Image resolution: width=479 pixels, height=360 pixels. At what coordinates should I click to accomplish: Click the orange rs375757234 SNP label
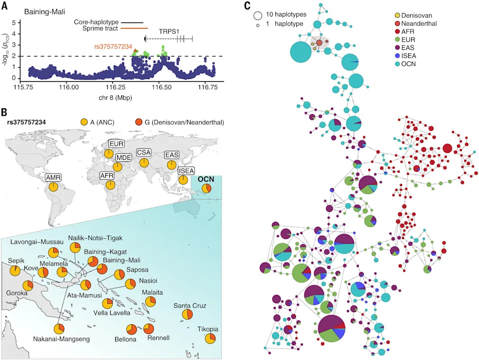click(x=113, y=47)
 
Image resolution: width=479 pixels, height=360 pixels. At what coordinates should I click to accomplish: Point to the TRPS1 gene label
click(x=169, y=31)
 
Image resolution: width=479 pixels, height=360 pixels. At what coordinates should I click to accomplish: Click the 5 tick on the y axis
click(x=14, y=22)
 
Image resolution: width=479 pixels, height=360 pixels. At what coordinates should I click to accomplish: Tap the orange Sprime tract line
click(x=134, y=28)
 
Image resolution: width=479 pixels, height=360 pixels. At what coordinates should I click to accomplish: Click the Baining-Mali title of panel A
click(x=44, y=12)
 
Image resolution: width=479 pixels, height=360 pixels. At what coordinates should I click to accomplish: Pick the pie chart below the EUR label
click(x=109, y=154)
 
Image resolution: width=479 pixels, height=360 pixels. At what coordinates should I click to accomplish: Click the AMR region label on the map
click(x=53, y=177)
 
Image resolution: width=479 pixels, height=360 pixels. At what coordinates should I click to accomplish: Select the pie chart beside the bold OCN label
click(x=207, y=188)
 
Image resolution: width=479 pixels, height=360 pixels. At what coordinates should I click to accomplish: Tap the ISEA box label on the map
click(x=186, y=171)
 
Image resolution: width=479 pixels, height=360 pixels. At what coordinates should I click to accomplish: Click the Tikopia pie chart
click(x=210, y=339)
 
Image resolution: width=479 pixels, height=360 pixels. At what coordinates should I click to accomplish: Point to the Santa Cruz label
click(x=190, y=306)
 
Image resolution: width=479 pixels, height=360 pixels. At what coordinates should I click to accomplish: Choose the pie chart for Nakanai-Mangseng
click(x=59, y=329)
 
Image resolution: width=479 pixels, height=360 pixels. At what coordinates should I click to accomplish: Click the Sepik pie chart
click(x=15, y=271)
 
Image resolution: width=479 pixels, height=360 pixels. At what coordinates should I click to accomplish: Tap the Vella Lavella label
click(x=112, y=313)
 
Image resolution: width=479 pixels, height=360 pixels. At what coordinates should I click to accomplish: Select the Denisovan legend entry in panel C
click(x=414, y=15)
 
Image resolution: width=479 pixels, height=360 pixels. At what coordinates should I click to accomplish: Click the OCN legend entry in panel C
click(x=405, y=64)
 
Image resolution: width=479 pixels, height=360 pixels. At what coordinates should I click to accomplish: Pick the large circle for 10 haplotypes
click(x=258, y=16)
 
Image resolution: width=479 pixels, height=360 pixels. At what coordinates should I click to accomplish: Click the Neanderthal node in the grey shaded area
click(x=319, y=43)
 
